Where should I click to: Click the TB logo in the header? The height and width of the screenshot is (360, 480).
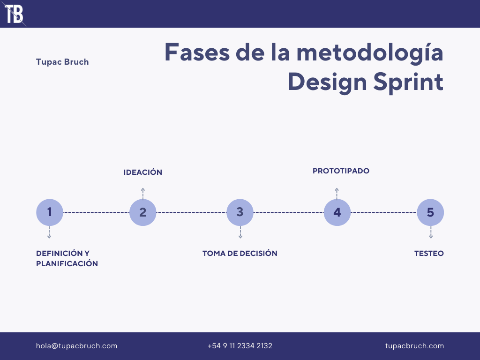click(14, 14)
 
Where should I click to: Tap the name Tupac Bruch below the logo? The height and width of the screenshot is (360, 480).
click(62, 62)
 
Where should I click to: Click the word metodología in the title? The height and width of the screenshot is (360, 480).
click(370, 52)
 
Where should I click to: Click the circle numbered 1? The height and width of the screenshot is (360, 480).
click(50, 212)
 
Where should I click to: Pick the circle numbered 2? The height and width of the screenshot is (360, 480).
click(143, 212)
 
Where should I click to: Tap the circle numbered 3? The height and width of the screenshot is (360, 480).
click(240, 212)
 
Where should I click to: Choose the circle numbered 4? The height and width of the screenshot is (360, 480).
click(337, 212)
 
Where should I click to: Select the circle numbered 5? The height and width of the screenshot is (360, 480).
click(430, 212)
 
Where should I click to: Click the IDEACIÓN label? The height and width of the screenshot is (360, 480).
click(143, 172)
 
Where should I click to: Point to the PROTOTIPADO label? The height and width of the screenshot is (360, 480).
click(341, 171)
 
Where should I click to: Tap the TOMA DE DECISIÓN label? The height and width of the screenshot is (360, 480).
click(240, 254)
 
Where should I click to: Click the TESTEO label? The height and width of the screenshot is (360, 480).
click(429, 254)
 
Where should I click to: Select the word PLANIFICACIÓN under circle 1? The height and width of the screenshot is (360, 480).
click(67, 264)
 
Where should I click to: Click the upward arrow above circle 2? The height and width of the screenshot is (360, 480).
click(143, 193)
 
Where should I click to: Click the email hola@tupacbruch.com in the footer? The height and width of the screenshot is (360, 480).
click(77, 346)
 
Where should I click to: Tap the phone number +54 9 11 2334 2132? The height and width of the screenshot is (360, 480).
click(240, 346)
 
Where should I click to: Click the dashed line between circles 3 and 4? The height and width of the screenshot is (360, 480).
click(289, 212)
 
